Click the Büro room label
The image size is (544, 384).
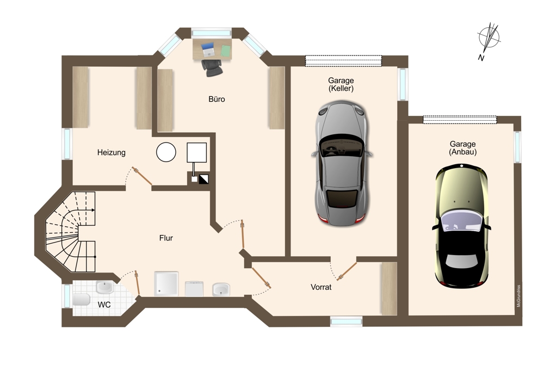pyautogui.click(x=217, y=99)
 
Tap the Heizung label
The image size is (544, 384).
pyautogui.click(x=111, y=153)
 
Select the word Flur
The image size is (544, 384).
pyautogui.click(x=166, y=238)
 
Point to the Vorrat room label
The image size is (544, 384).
pyautogui.click(x=321, y=287)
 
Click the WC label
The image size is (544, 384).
pyautogui.click(x=104, y=305)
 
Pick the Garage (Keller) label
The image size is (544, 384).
pyautogui.click(x=341, y=84)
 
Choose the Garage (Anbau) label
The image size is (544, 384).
pyautogui.click(x=463, y=148)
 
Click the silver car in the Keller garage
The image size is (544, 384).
pyautogui.click(x=342, y=163)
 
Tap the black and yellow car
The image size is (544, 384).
pyautogui.click(x=461, y=226)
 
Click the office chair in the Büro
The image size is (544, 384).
pyautogui.click(x=212, y=67)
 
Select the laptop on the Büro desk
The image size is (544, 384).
pyautogui.click(x=208, y=49)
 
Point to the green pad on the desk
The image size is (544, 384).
pyautogui.click(x=226, y=51)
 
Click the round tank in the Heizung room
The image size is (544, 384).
pyautogui.click(x=166, y=152)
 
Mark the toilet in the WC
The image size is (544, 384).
pyautogui.click(x=82, y=299)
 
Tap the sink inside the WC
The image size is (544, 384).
pyautogui.click(x=104, y=287)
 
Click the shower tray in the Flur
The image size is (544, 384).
pyautogui.click(x=166, y=284)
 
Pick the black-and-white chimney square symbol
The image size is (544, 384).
pyautogui.click(x=203, y=179)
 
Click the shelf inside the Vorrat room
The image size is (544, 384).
pyautogui.click(x=389, y=289)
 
